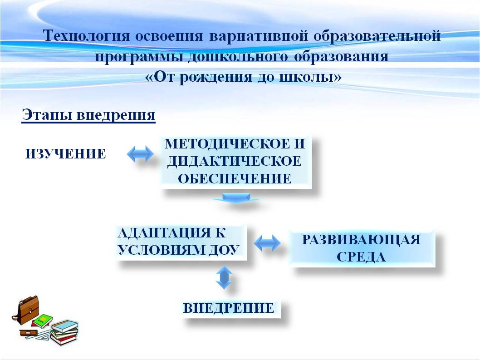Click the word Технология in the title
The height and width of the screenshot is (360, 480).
pyautogui.click(x=86, y=35)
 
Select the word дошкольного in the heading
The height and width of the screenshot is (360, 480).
pyautogui.click(x=238, y=56)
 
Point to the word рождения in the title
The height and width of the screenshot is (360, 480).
pyautogui.click(x=216, y=77)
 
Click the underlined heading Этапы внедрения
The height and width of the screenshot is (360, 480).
pyautogui.click(x=88, y=115)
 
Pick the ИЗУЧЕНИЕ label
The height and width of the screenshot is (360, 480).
pyautogui.click(x=65, y=153)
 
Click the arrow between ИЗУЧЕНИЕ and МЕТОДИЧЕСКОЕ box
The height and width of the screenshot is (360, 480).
pyautogui.click(x=140, y=153)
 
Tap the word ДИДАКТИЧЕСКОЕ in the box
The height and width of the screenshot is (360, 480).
pyautogui.click(x=235, y=161)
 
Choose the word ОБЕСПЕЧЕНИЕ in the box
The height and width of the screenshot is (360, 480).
pyautogui.click(x=235, y=178)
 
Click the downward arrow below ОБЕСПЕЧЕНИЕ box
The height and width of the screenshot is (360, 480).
pyautogui.click(x=236, y=197)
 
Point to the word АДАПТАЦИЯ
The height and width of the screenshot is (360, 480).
pyautogui.click(x=164, y=233)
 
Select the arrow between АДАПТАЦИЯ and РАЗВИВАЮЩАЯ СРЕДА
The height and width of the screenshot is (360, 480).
pyautogui.click(x=267, y=243)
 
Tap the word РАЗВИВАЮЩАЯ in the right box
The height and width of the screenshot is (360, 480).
pyautogui.click(x=361, y=240)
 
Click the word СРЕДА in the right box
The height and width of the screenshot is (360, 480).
pyautogui.click(x=361, y=257)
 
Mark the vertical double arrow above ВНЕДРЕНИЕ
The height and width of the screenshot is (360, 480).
pyautogui.click(x=224, y=277)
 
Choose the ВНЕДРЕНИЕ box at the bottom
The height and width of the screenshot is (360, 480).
pyautogui.click(x=230, y=308)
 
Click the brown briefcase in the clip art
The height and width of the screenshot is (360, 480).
pyautogui.click(x=26, y=310)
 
